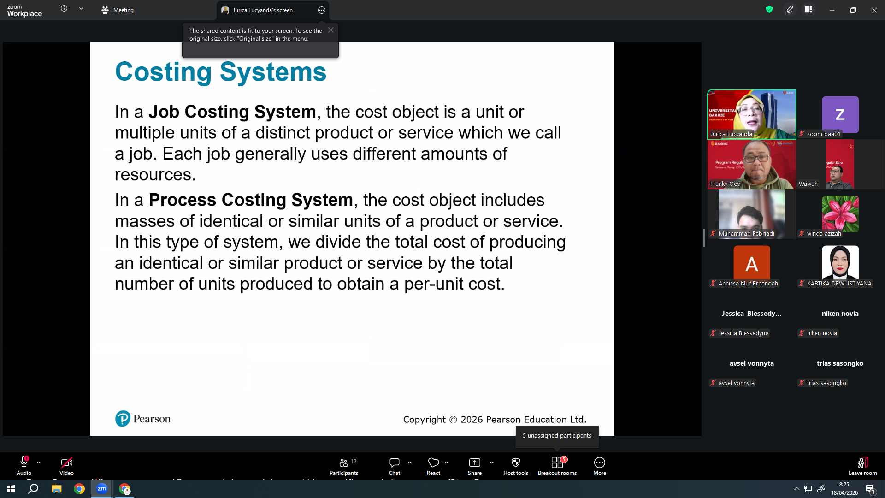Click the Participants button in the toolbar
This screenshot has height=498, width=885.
click(x=344, y=466)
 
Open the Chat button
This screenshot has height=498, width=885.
click(x=395, y=466)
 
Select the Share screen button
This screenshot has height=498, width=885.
click(x=475, y=466)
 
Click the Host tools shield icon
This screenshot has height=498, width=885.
click(x=516, y=462)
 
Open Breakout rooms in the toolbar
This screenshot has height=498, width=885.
click(x=557, y=466)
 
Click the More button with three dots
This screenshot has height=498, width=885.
click(x=600, y=466)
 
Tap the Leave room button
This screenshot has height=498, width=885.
click(x=863, y=466)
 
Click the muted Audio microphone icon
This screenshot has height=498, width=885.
click(x=24, y=462)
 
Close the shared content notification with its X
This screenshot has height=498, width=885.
click(x=331, y=30)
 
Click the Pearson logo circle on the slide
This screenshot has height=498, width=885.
click(x=123, y=419)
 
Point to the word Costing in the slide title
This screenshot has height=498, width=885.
click(x=164, y=72)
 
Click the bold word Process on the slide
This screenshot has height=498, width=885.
click(x=183, y=200)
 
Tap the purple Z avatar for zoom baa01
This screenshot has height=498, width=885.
click(x=840, y=114)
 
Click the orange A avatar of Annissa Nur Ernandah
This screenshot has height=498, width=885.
click(x=752, y=264)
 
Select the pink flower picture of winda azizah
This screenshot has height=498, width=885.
click(x=840, y=214)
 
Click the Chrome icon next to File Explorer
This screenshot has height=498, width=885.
click(x=79, y=489)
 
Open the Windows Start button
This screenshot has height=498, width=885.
click(x=11, y=489)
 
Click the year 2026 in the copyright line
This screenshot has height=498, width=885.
click(x=472, y=420)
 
